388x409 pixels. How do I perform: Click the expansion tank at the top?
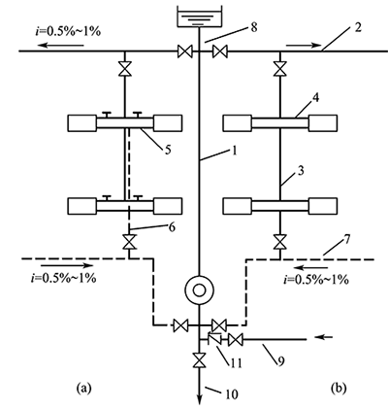[199, 16]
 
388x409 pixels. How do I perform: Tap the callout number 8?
[254, 27]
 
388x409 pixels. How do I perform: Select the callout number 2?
[357, 27]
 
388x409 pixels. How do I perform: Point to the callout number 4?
[315, 98]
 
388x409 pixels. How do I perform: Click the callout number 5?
[168, 150]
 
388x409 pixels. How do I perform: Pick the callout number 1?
[235, 152]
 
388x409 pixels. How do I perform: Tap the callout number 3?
[301, 171]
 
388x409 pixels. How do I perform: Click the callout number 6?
[172, 227]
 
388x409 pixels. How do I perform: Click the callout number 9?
[280, 361]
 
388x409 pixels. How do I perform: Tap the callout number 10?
[231, 394]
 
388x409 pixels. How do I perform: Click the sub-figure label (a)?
[83, 388]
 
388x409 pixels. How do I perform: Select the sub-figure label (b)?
[339, 388]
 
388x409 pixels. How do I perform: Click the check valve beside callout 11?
[214, 339]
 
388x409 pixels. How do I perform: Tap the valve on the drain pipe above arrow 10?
[199, 360]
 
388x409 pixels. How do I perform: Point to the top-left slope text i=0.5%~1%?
[68, 31]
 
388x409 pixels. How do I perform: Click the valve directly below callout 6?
[129, 242]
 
